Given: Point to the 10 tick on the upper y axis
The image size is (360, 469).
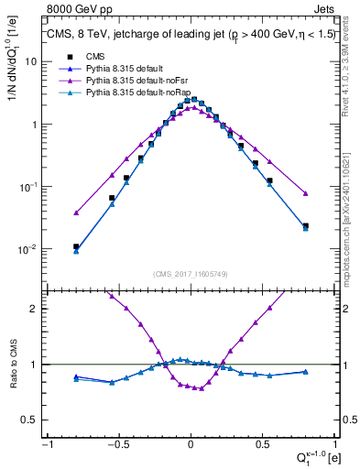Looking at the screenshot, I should point(31,61).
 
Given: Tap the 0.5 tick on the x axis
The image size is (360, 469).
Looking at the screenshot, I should point(262,442).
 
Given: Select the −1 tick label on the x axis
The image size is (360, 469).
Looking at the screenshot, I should point(46,442).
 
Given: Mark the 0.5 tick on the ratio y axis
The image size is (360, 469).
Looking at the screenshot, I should point(31,420).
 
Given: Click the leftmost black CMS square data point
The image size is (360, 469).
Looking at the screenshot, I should point(76,246).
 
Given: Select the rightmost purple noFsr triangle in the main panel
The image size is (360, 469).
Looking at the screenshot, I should point(306,193).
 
